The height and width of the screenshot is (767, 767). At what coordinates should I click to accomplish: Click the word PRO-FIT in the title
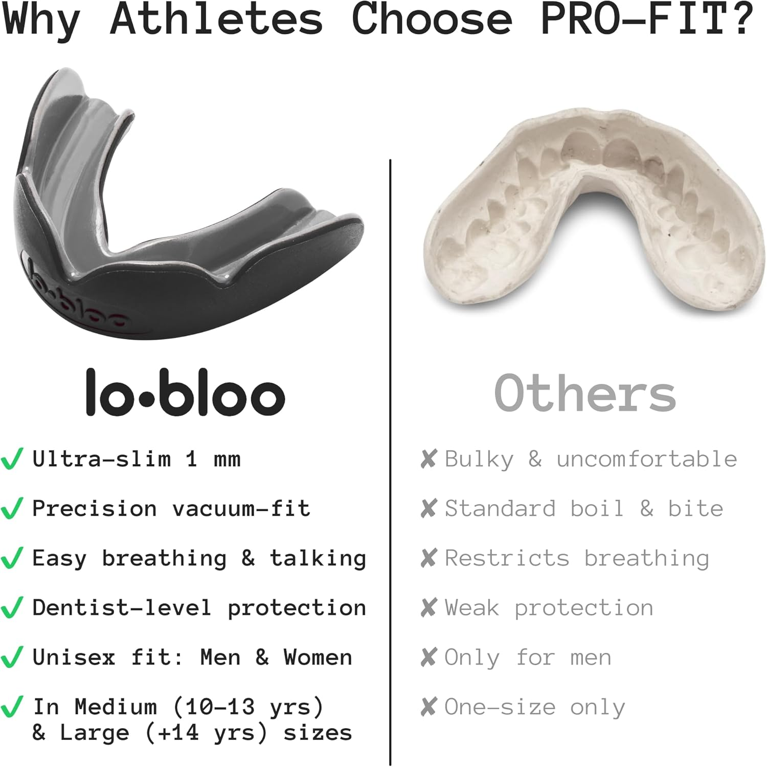click(634, 19)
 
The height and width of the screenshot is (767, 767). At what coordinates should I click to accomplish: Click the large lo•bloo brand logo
click(185, 393)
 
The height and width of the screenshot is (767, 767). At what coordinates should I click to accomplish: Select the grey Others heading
click(585, 393)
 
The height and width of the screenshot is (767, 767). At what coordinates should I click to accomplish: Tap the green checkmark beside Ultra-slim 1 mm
click(12, 459)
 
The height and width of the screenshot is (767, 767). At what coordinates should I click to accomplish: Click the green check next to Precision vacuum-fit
click(12, 509)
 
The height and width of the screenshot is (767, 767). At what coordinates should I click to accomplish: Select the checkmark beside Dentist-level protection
click(12, 608)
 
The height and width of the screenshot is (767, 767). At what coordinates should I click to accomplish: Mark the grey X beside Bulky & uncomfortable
click(428, 459)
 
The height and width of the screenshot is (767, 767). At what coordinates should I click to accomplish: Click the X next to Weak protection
click(428, 608)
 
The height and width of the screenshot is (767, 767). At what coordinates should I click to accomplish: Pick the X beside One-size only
click(428, 707)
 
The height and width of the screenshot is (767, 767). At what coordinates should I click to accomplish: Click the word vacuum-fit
click(241, 509)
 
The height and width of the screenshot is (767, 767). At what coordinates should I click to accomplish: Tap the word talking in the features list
click(318, 558)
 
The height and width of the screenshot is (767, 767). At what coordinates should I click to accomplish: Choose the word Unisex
click(74, 658)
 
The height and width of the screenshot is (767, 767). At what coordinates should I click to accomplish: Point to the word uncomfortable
click(647, 459)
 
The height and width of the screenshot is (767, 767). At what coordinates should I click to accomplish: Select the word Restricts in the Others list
click(507, 558)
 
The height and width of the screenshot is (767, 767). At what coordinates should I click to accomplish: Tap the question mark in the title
click(742, 19)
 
